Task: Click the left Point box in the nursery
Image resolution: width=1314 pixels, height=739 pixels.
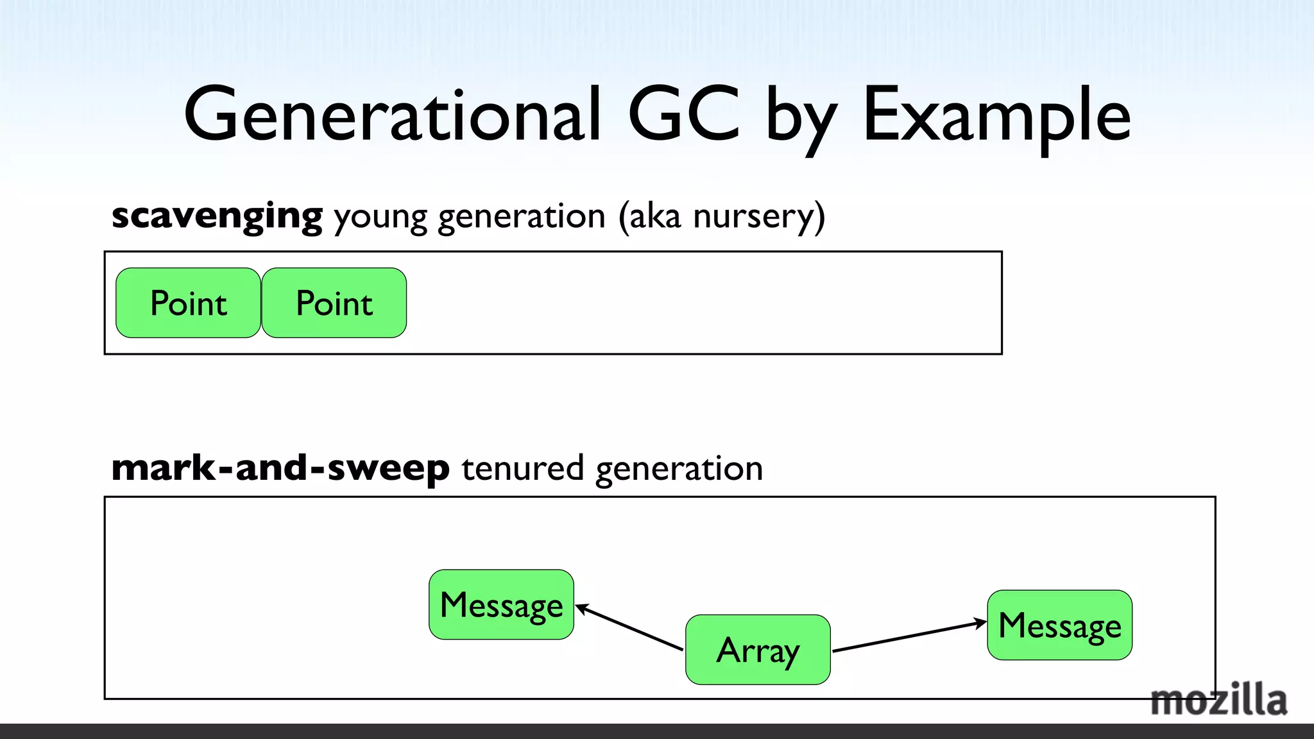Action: coord(188,303)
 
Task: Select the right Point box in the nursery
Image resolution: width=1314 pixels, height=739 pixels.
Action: coord(334,303)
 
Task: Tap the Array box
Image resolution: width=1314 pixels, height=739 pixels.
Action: coord(758,650)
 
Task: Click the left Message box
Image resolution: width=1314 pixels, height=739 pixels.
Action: coord(501,604)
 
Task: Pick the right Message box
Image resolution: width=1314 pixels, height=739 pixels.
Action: coord(1059,625)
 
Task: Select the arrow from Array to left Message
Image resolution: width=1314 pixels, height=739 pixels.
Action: coord(630,627)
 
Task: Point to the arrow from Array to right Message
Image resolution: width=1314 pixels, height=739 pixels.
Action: coord(908,636)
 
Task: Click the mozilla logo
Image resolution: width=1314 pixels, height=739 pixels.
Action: coord(1218,701)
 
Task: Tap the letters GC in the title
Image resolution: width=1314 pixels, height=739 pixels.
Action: coord(685,115)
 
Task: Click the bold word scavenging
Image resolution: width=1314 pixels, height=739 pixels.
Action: coord(217,217)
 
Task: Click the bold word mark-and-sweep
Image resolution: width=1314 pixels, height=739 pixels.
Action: coord(280,468)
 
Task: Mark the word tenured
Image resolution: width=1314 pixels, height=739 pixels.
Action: coord(522,468)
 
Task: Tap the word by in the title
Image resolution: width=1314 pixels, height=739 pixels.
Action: coord(801,119)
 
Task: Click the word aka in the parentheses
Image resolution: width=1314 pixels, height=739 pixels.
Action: coord(654,216)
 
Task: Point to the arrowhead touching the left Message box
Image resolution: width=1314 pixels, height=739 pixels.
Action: coord(581,608)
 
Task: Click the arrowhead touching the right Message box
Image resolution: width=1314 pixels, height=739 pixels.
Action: coord(980,622)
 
